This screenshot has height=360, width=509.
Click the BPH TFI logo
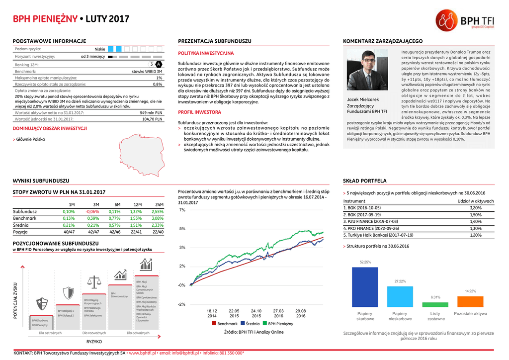(x=465, y=20)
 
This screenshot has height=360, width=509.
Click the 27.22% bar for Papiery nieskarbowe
(x=400, y=296)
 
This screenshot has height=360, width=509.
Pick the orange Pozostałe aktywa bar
(x=470, y=301)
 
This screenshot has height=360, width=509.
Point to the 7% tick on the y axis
(x=182, y=210)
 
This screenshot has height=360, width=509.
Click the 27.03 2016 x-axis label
(x=278, y=313)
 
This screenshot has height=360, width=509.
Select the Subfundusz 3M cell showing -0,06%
(x=92, y=211)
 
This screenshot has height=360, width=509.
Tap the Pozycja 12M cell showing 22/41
(x=136, y=232)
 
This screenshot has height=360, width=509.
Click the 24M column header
(x=159, y=204)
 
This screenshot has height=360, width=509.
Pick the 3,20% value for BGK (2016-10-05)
(x=475, y=208)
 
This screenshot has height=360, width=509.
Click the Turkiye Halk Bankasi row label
(x=378, y=235)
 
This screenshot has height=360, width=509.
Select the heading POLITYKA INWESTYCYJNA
(x=205, y=53)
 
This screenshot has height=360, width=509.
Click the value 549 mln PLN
(x=151, y=113)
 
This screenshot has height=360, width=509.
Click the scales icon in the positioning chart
(x=93, y=282)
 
